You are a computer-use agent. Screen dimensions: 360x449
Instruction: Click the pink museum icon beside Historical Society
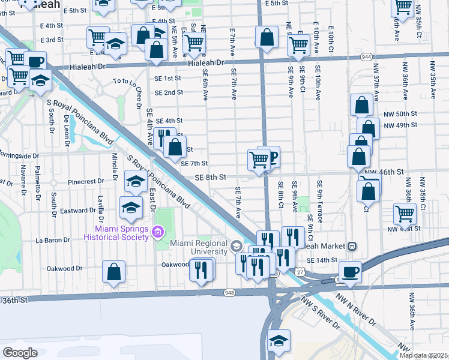click(158, 231)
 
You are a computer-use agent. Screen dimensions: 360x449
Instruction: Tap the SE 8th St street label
click(210, 177)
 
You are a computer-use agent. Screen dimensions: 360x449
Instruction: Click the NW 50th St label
click(399, 114)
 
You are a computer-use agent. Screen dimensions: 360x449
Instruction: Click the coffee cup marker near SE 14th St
click(350, 271)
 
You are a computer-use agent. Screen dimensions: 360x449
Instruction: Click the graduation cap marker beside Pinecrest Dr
click(136, 181)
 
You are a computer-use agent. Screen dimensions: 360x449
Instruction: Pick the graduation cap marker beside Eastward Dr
click(131, 208)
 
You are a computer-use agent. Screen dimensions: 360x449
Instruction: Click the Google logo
click(20, 352)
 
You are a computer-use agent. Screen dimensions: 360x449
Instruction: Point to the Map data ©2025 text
click(423, 355)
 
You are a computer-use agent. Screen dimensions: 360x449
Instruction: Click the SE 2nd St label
click(169, 92)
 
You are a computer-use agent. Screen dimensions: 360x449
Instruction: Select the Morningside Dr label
click(20, 155)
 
